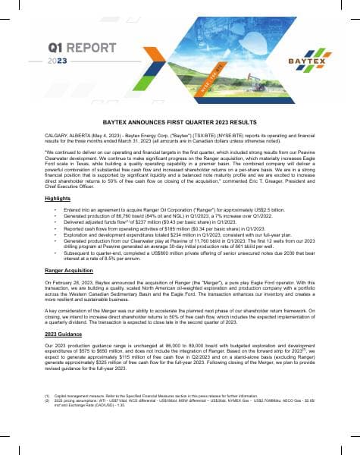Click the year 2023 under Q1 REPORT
pos(58,60)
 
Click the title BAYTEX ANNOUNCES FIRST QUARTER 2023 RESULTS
pos(180,121)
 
